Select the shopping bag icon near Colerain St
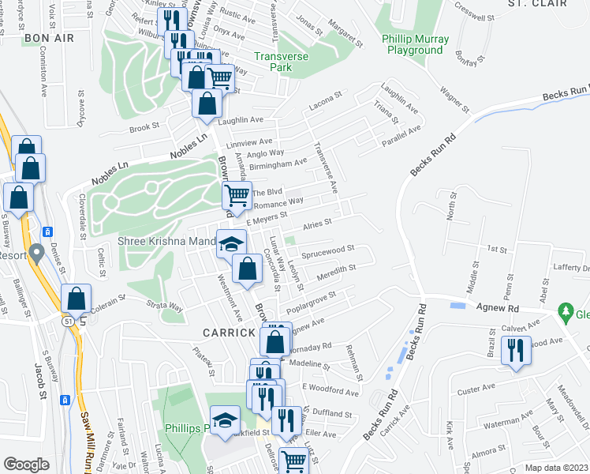77,299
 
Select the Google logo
26,465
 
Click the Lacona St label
324,102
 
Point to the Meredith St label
337,269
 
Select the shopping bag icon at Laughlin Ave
207,103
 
